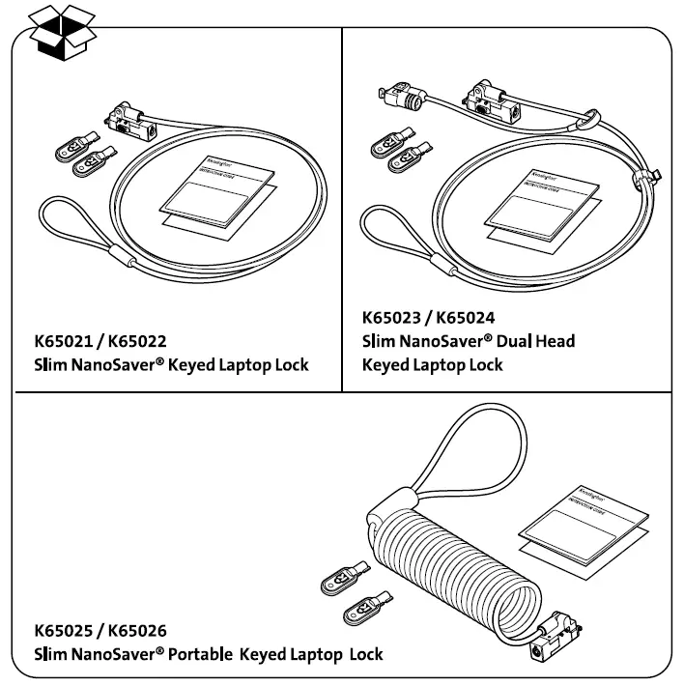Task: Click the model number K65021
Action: (x=69, y=341)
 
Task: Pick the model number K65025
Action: (x=69, y=631)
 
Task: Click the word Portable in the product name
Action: (x=201, y=655)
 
